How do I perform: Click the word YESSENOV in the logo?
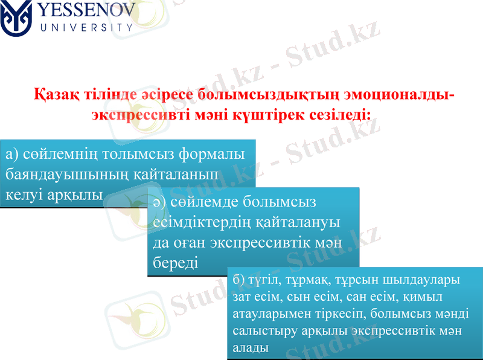(x=86, y=11)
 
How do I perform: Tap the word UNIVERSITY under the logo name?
(x=86, y=27)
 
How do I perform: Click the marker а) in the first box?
(x=12, y=154)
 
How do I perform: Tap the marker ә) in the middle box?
(x=160, y=201)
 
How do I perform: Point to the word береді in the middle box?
(x=176, y=262)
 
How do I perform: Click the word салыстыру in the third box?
(x=261, y=331)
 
